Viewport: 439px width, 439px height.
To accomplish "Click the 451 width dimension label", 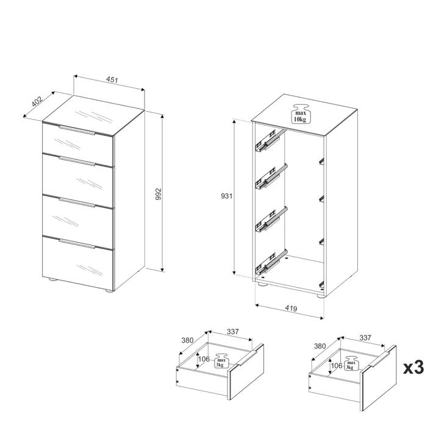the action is pyautogui.click(x=112, y=80).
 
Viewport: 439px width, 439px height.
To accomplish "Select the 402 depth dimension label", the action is pyautogui.click(x=37, y=101).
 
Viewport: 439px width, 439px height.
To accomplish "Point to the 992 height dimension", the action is pyautogui.click(x=159, y=194).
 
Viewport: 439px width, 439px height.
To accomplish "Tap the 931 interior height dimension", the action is pyautogui.click(x=227, y=196).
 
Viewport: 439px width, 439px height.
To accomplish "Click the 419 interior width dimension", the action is pyautogui.click(x=291, y=308).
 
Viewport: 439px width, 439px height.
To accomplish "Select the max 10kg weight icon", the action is pyautogui.click(x=300, y=113).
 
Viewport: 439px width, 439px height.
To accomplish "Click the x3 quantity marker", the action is pyautogui.click(x=413, y=367).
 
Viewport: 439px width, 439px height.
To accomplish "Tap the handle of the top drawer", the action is pyautogui.click(x=77, y=130).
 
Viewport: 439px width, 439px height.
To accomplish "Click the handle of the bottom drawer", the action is pyautogui.click(x=77, y=243).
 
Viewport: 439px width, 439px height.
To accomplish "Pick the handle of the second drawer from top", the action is pyautogui.click(x=77, y=162).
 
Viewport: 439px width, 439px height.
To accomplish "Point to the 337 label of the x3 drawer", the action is pyautogui.click(x=365, y=338).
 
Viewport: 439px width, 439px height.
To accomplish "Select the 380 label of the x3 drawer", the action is pyautogui.click(x=319, y=346).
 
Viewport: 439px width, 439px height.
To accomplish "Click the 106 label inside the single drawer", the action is pyautogui.click(x=204, y=359).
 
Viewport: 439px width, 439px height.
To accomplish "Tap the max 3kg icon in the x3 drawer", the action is pyautogui.click(x=351, y=363).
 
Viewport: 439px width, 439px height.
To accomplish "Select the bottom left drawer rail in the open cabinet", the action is pyautogui.click(x=271, y=262).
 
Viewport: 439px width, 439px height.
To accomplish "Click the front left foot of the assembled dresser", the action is pyautogui.click(x=51, y=279).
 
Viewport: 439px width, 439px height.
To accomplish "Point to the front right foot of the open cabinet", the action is pyautogui.click(x=321, y=296).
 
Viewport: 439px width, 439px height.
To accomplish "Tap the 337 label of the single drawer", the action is pyautogui.click(x=233, y=332).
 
